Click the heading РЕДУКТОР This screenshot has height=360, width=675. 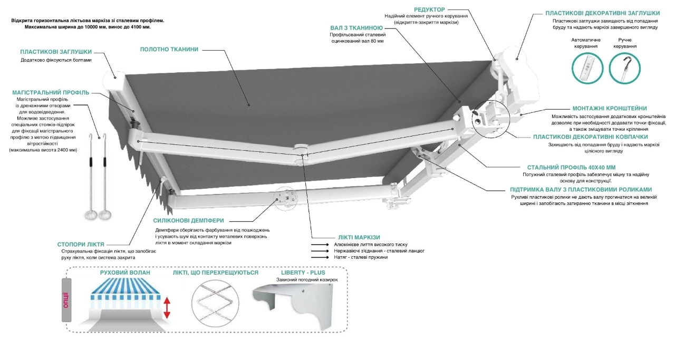429,9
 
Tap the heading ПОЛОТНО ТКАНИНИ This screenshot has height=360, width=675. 169,50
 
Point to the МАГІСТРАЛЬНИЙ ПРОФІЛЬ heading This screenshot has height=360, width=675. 51,92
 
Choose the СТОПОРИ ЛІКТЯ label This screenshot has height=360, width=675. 81,245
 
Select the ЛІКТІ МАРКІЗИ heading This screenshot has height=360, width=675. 359,237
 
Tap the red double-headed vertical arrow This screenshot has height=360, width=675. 167,308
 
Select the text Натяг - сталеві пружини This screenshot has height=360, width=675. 361,257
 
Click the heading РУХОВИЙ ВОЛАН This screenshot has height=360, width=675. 125,273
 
